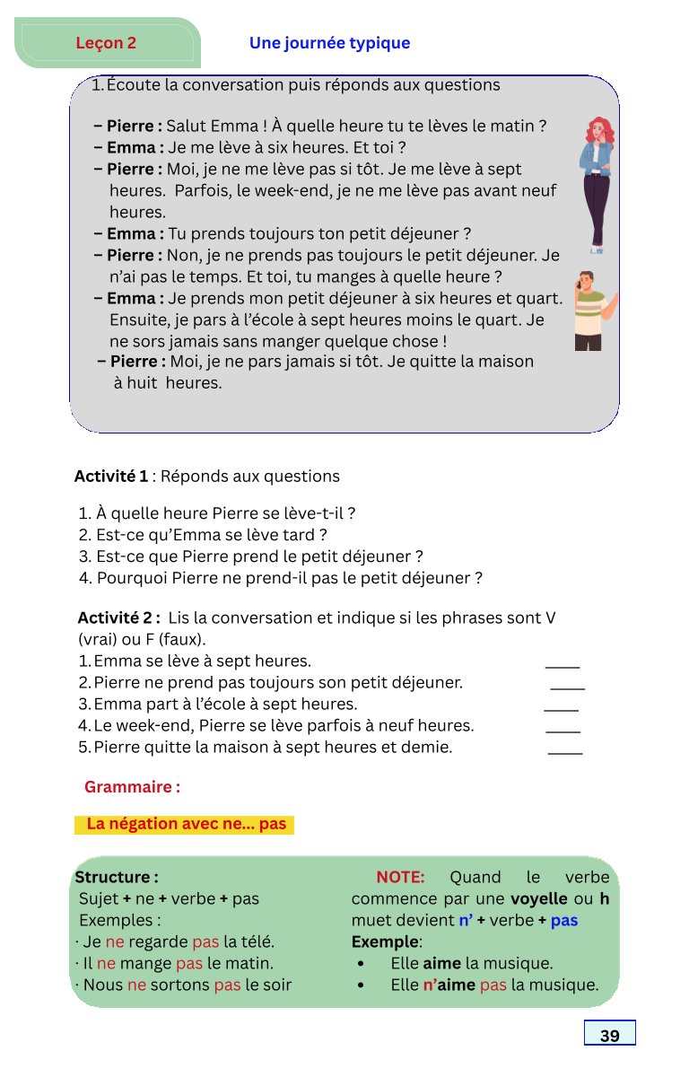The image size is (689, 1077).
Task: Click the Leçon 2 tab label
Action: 106,43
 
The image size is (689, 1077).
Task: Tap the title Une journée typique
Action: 329,43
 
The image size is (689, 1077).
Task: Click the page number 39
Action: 609,1036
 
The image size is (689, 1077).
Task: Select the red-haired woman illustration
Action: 597,184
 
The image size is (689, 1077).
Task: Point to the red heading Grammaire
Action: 132,787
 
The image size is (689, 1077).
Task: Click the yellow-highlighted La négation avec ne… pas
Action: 186,824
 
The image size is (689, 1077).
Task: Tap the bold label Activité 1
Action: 111,477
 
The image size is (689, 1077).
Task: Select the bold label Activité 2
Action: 118,618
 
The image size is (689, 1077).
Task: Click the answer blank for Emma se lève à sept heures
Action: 563,665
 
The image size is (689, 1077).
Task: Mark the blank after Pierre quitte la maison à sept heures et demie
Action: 564,751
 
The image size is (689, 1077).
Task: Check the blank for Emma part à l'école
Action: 561,708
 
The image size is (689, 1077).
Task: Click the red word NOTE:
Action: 400,877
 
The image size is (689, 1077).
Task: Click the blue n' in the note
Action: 466,920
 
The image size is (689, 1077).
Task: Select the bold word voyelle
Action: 538,898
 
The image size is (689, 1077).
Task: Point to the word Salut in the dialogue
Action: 186,127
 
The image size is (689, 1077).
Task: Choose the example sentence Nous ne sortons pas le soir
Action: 184,985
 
